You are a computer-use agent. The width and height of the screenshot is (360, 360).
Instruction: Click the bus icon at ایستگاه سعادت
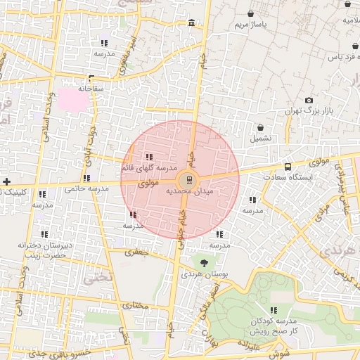coord(288,167)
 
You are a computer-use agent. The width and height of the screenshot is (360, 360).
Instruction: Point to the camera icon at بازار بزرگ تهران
coord(309,101)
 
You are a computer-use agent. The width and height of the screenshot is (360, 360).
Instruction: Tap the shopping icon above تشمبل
coord(261,129)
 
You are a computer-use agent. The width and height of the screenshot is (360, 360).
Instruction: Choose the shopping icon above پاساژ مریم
coord(252,13)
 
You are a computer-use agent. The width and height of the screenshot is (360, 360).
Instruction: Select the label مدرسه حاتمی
coord(86,188)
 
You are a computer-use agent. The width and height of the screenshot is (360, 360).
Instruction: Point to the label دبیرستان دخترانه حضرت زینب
coord(45,250)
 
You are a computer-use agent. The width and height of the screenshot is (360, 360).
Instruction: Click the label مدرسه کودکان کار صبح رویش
coord(274,325)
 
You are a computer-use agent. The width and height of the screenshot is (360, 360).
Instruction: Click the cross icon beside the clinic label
coord(6,182)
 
